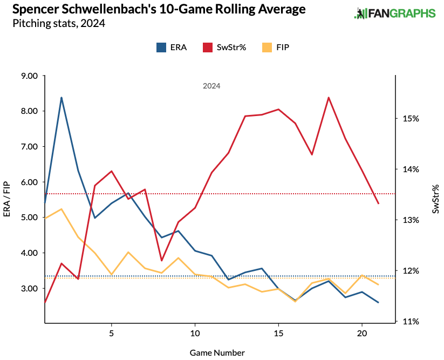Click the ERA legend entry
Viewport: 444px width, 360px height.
[x=172, y=47]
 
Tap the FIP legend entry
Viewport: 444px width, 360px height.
[x=276, y=47]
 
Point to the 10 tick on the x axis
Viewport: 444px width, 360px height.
[x=195, y=332]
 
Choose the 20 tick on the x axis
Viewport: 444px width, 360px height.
[x=361, y=332]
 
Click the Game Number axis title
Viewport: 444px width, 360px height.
[x=217, y=352]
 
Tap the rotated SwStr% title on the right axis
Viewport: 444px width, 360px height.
[x=435, y=199]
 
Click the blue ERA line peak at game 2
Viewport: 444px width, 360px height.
[x=62, y=98]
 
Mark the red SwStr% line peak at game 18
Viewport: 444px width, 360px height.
[x=329, y=98]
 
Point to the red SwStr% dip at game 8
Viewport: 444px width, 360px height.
[x=161, y=260]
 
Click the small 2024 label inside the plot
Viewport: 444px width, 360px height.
[x=211, y=86]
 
